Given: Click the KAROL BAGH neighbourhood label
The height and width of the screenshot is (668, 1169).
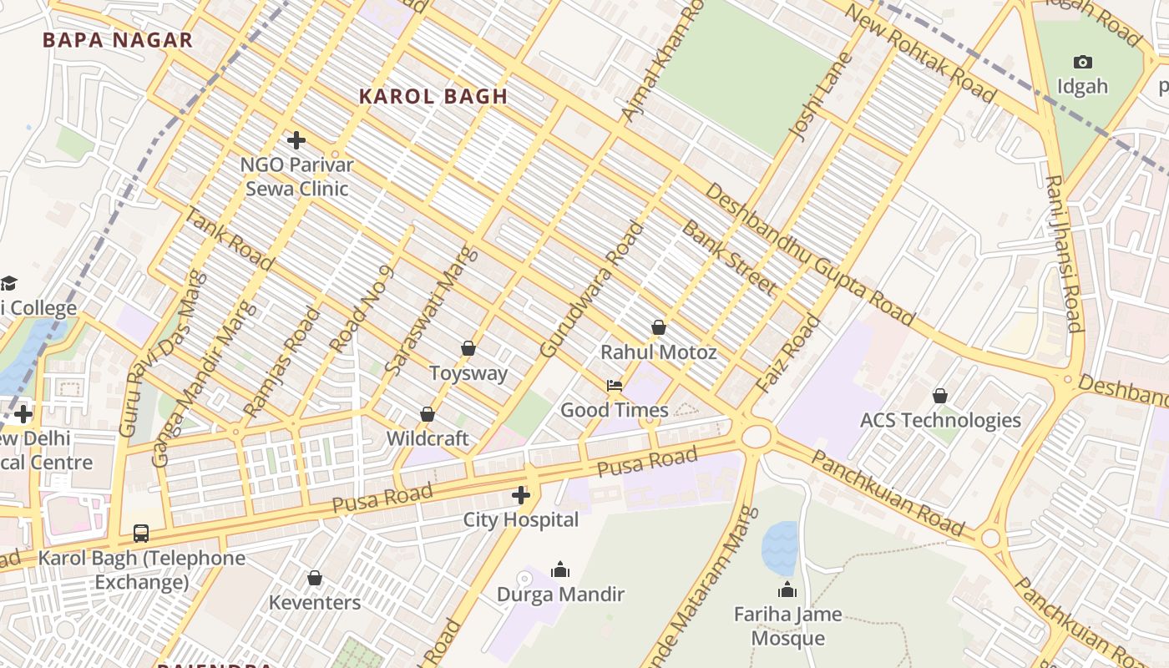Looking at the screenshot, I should [x=433, y=97].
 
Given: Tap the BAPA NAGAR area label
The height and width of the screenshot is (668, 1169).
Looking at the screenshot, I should [x=118, y=40].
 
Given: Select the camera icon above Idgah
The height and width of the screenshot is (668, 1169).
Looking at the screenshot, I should [x=1083, y=63].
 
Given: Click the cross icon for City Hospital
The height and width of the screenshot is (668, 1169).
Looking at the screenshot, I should [x=521, y=495].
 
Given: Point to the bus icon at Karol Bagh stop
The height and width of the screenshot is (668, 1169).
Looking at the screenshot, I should [x=141, y=533].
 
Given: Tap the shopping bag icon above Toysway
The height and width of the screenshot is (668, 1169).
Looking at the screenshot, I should [x=468, y=348].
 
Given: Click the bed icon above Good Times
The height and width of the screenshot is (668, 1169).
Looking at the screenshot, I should [x=615, y=385].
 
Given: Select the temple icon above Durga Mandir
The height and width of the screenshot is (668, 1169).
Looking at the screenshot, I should [x=560, y=569].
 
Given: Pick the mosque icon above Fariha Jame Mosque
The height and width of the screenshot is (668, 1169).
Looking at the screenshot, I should [x=787, y=590].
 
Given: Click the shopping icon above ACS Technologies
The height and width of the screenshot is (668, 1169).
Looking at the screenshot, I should [x=940, y=396].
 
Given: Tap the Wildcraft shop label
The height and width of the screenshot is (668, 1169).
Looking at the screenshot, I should [x=428, y=438].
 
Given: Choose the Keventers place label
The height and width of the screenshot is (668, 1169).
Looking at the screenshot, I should [x=315, y=602].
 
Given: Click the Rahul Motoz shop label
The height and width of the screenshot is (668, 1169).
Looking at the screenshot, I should [x=659, y=352].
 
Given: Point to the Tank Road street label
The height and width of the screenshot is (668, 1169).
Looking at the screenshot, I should [x=228, y=240].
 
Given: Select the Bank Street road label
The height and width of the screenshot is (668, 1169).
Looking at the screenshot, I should [x=729, y=257].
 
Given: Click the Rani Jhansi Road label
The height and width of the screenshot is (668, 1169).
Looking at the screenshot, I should [x=1064, y=255].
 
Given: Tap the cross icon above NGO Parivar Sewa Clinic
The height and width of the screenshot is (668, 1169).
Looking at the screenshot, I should [x=296, y=140].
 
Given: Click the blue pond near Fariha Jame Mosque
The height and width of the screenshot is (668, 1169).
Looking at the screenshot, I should [x=780, y=548].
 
